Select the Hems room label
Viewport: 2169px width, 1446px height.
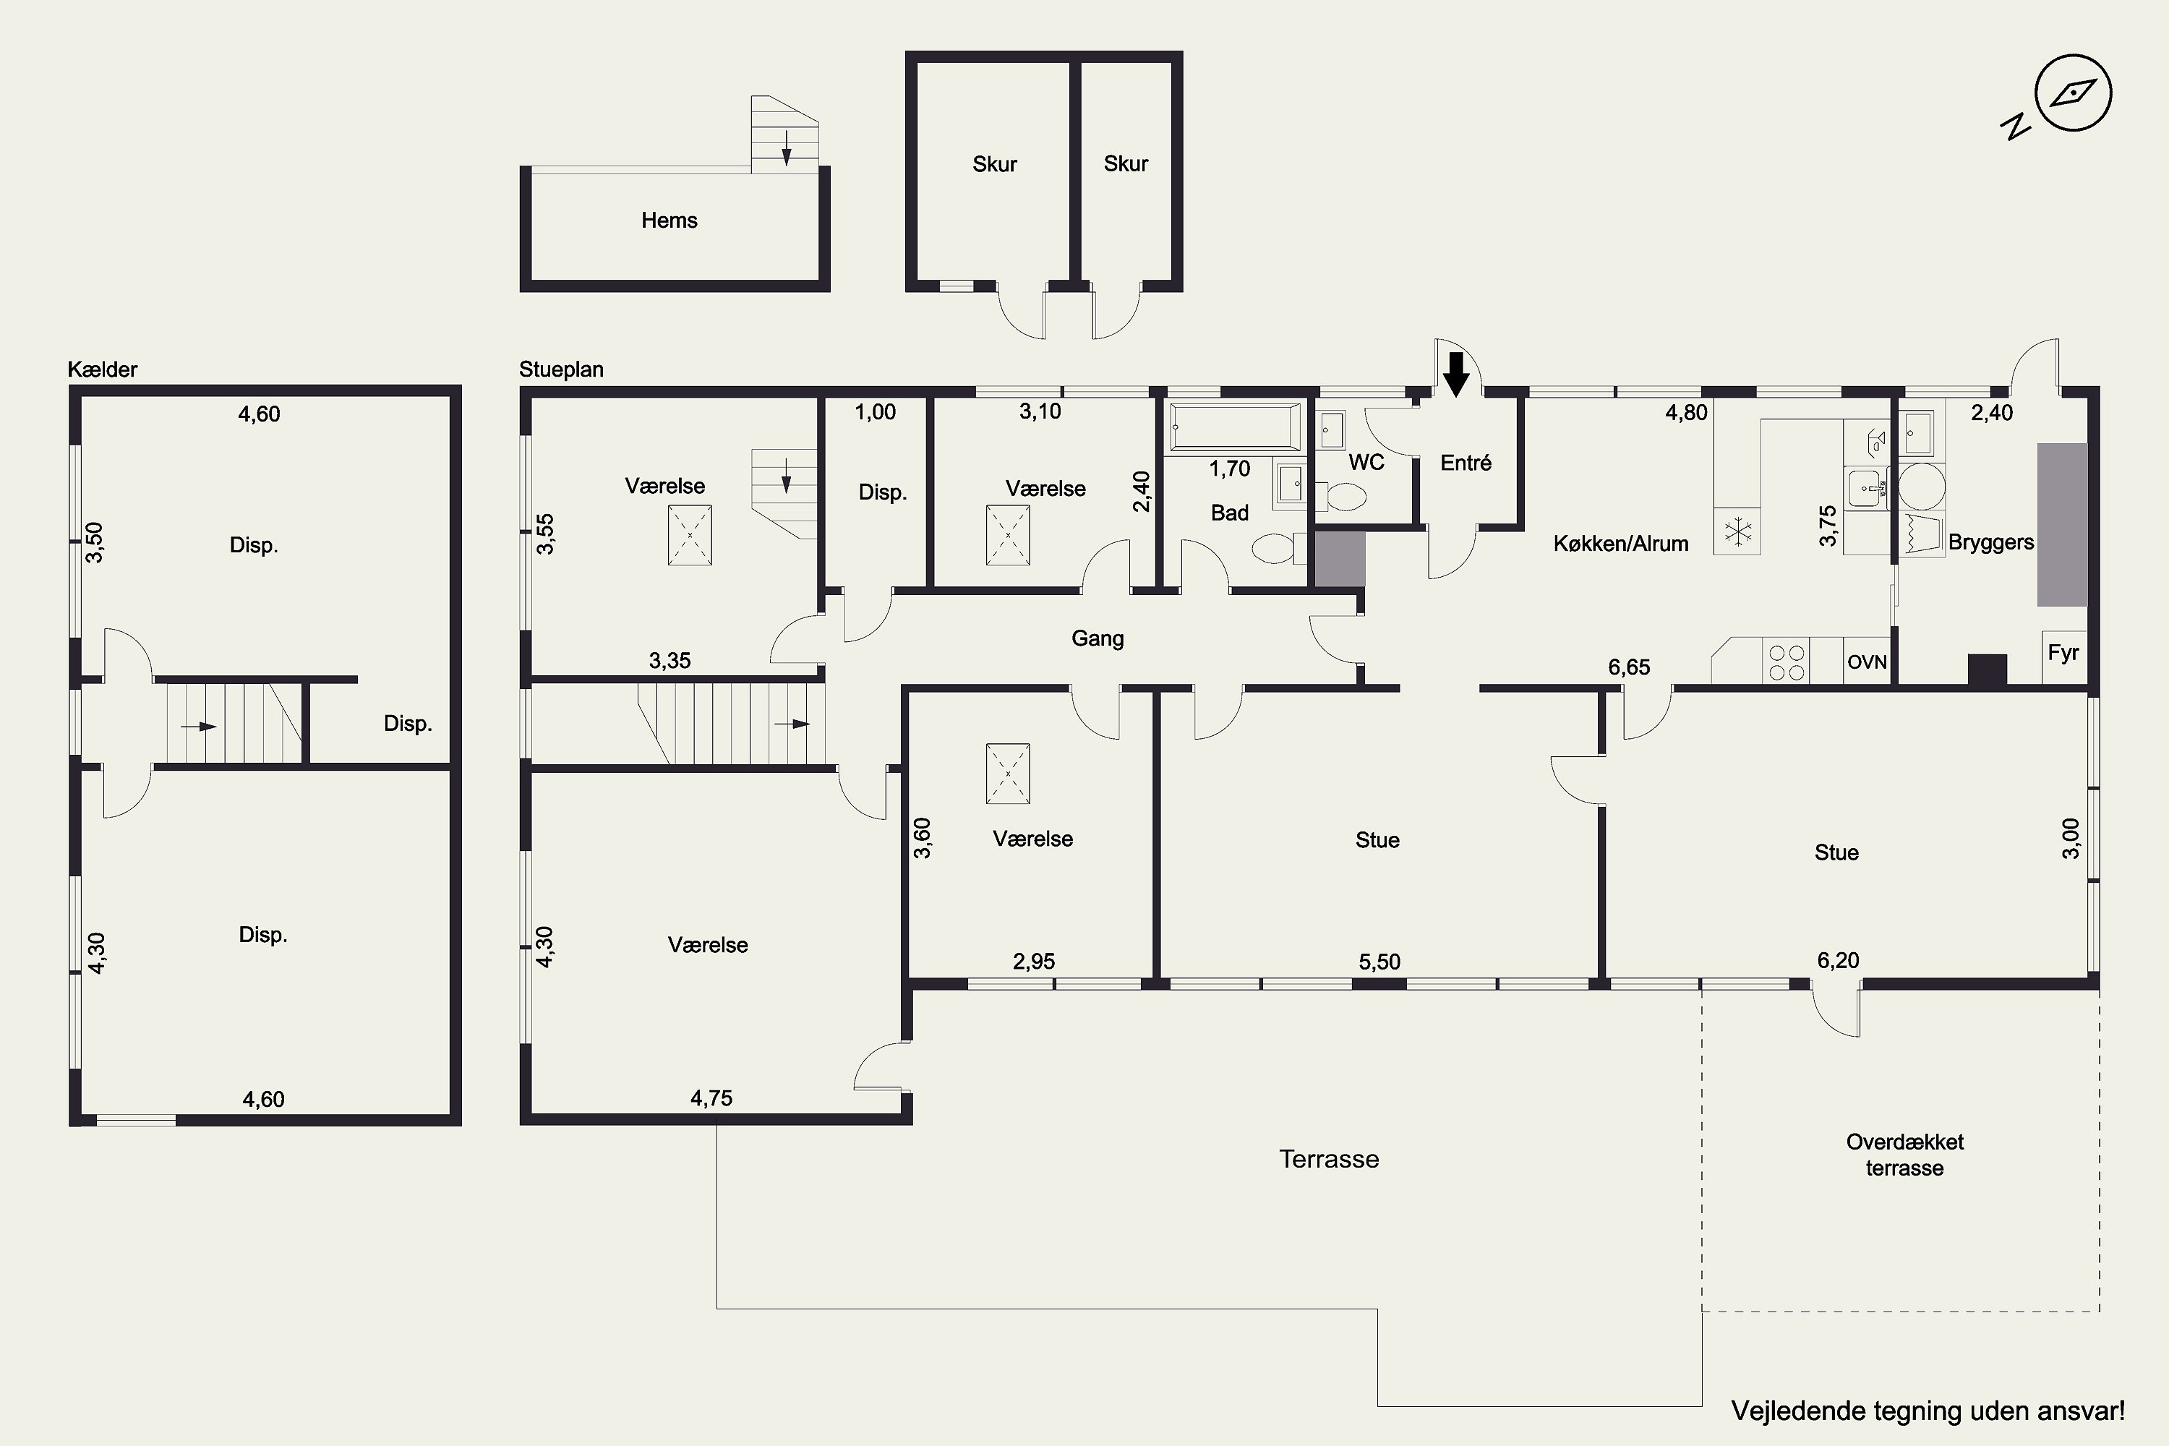point(669,221)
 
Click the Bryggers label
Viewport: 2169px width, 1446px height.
point(1991,542)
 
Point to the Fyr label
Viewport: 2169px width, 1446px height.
point(2063,653)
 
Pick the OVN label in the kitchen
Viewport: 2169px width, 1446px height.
point(1868,662)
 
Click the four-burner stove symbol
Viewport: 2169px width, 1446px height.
point(1787,662)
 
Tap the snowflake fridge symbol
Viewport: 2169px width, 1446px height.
point(1738,532)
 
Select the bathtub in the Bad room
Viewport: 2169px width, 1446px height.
point(1236,429)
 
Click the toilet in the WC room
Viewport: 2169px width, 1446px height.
point(1343,498)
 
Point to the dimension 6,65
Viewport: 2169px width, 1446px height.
point(1630,667)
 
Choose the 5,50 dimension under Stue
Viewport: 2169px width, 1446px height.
point(1379,962)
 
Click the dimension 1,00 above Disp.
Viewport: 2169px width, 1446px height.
point(875,412)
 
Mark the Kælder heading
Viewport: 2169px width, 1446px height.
point(103,369)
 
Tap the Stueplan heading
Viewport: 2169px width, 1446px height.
point(562,369)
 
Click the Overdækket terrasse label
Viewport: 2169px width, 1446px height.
point(1904,1155)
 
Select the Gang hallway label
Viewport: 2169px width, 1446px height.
point(1098,638)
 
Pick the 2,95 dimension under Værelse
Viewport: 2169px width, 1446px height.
point(1034,961)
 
